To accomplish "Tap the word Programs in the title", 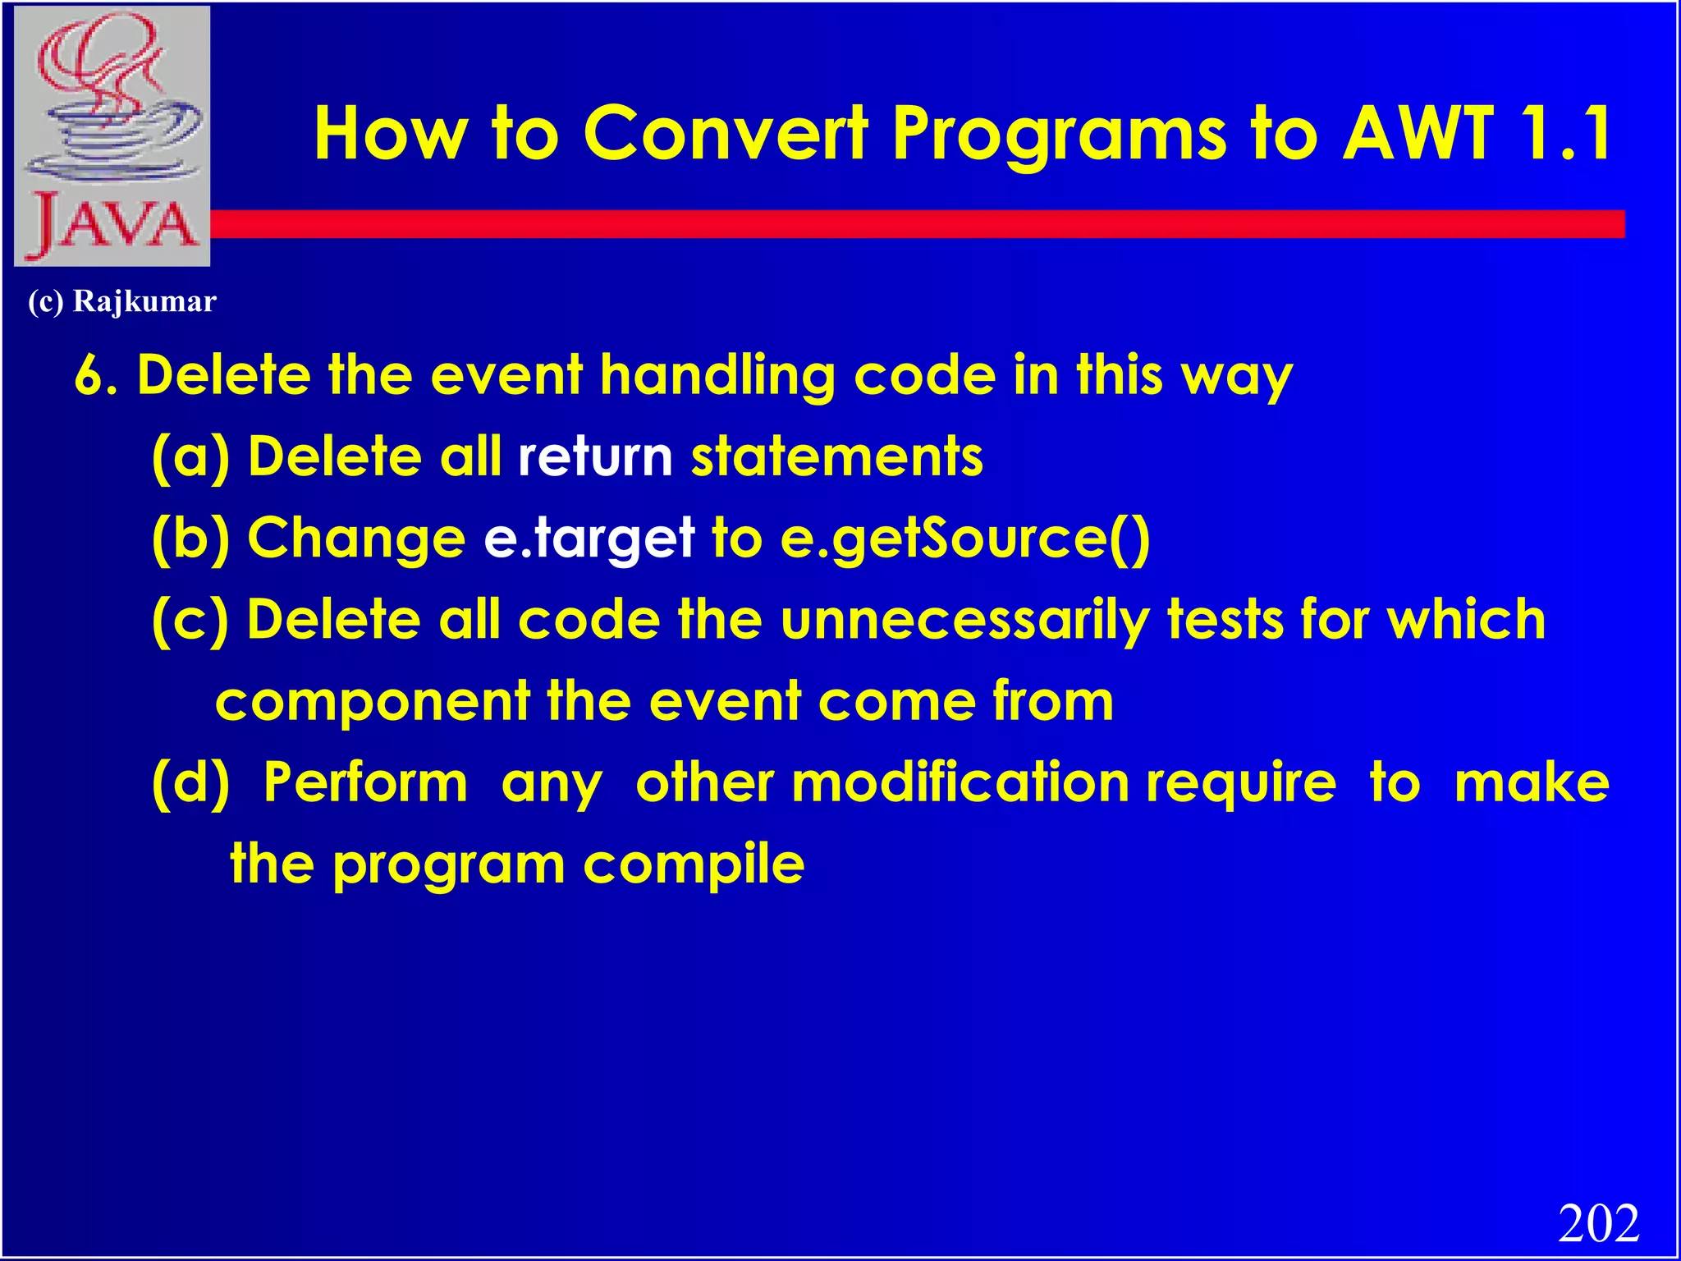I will click(1058, 134).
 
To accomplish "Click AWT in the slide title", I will click(1417, 134).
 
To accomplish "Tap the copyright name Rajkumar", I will click(144, 301).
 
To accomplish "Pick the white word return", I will click(595, 457).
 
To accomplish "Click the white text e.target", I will click(589, 539).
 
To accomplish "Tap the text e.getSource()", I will click(965, 539).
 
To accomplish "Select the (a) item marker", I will click(190, 457).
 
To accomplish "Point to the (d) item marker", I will click(190, 782).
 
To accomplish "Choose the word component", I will click(373, 702).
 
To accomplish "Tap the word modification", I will click(960, 782).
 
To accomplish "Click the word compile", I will click(694, 864).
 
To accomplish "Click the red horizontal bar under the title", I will click(903, 224).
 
